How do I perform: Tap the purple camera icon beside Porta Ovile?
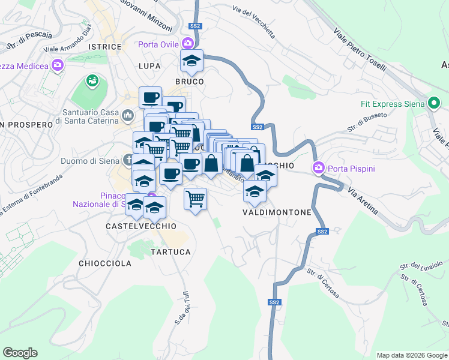(x=188, y=43)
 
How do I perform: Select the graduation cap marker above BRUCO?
(x=192, y=61)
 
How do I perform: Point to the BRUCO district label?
(x=189, y=81)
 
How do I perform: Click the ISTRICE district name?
(x=101, y=46)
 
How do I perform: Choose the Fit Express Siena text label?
(x=393, y=103)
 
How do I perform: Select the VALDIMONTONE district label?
(x=277, y=212)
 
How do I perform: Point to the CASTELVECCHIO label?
(x=141, y=226)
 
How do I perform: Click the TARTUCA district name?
(x=170, y=252)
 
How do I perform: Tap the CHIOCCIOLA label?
(x=105, y=263)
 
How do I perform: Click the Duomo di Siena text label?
(x=90, y=161)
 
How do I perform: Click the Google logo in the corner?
(x=20, y=353)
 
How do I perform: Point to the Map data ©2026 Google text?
(x=411, y=355)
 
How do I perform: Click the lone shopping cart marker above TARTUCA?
(x=196, y=199)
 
